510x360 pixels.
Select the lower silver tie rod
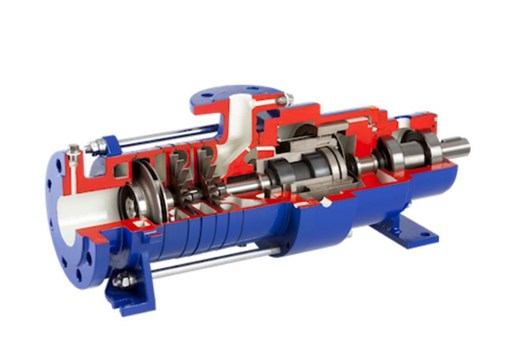(210, 262)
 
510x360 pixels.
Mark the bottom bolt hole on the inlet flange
(79, 274)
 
